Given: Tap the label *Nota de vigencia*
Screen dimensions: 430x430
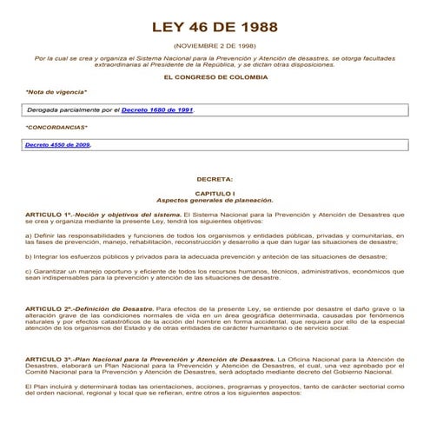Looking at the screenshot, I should (x=56, y=91).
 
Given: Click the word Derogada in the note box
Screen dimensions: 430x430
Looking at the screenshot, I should (x=46, y=111).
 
